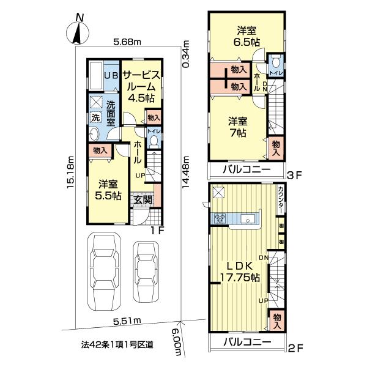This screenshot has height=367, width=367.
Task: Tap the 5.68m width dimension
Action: pos(127,42)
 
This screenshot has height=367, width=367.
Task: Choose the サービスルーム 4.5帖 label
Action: pos(141,86)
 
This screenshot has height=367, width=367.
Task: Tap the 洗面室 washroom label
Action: pos(111,113)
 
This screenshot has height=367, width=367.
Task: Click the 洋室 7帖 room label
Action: pos(239,127)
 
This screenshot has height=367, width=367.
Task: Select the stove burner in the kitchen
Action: pos(220,218)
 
